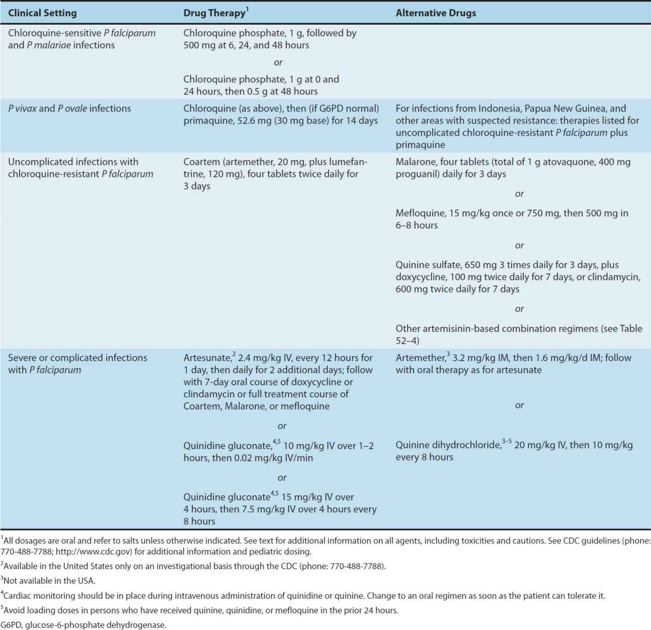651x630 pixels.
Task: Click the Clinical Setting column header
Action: tap(42, 13)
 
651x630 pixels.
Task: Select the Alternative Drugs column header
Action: tap(436, 13)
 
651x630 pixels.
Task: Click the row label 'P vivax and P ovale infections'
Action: tap(69, 109)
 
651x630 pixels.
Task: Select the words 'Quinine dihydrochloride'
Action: tap(448, 445)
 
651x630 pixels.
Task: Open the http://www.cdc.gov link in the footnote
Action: tap(91, 552)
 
